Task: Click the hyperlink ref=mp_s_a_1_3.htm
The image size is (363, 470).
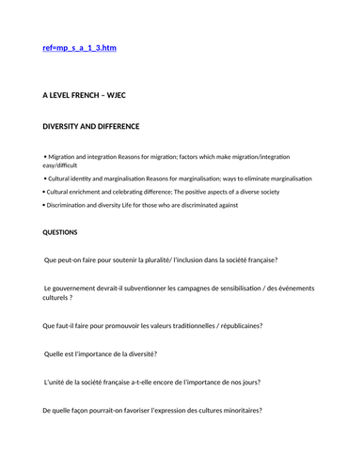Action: point(80,48)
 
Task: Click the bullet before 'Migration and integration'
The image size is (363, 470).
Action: point(44,155)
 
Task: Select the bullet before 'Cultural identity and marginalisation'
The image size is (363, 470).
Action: point(44,178)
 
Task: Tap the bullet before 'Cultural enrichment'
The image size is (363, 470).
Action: point(44,191)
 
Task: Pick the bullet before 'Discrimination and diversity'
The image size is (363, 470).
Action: point(44,205)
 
